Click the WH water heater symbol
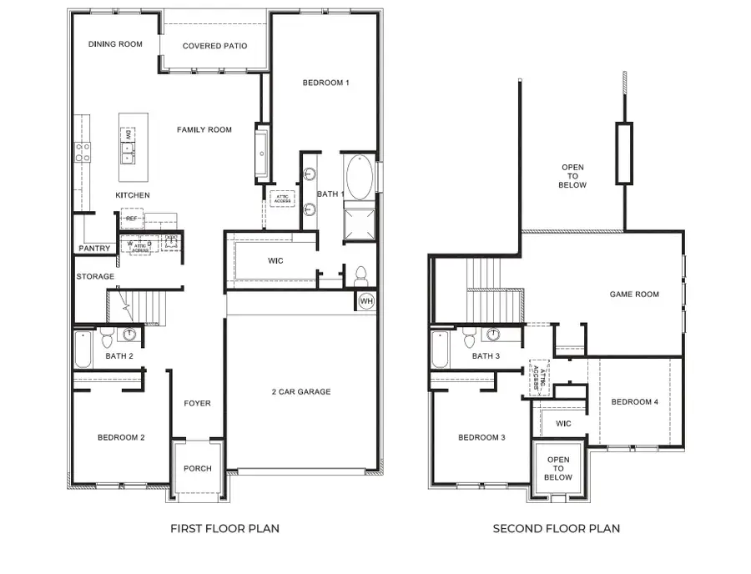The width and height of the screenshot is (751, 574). coord(366,300)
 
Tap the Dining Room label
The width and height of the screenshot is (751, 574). coord(115,44)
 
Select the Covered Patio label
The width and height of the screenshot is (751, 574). coord(214,46)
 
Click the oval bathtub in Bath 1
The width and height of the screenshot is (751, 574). coord(361,177)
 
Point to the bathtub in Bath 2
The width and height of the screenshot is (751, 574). coord(83,350)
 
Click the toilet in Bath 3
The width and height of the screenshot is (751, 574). coord(469,338)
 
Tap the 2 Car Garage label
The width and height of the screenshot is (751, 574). coord(301,391)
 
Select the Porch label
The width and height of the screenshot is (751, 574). coord(198,468)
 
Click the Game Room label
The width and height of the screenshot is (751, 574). coord(634,295)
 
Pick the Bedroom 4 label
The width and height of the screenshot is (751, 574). coord(635,402)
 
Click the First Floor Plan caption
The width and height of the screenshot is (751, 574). coord(224,528)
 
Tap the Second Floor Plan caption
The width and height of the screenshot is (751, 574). coord(557,528)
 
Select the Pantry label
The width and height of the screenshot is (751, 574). coord(94,249)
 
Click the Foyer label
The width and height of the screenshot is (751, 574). coord(197,404)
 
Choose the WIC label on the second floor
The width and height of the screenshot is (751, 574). coord(563,424)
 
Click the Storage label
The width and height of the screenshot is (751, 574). coord(95,276)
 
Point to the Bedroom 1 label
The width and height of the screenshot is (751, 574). coord(325,83)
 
